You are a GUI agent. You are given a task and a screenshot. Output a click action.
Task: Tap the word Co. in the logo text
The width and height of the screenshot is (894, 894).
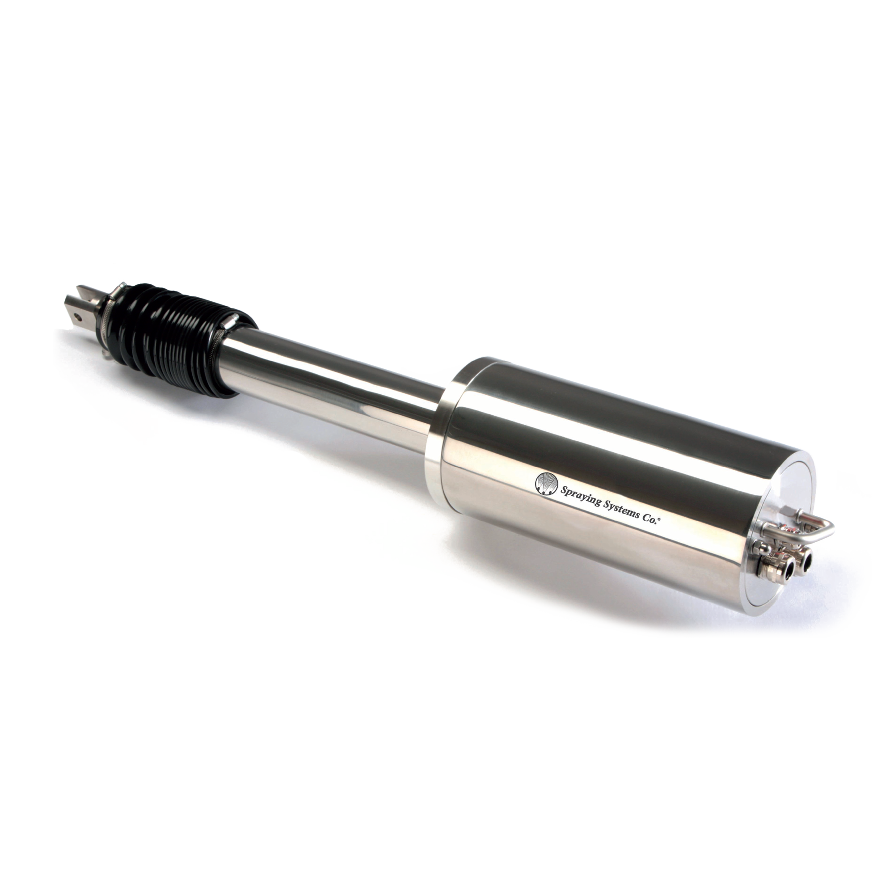pyautogui.click(x=649, y=517)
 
